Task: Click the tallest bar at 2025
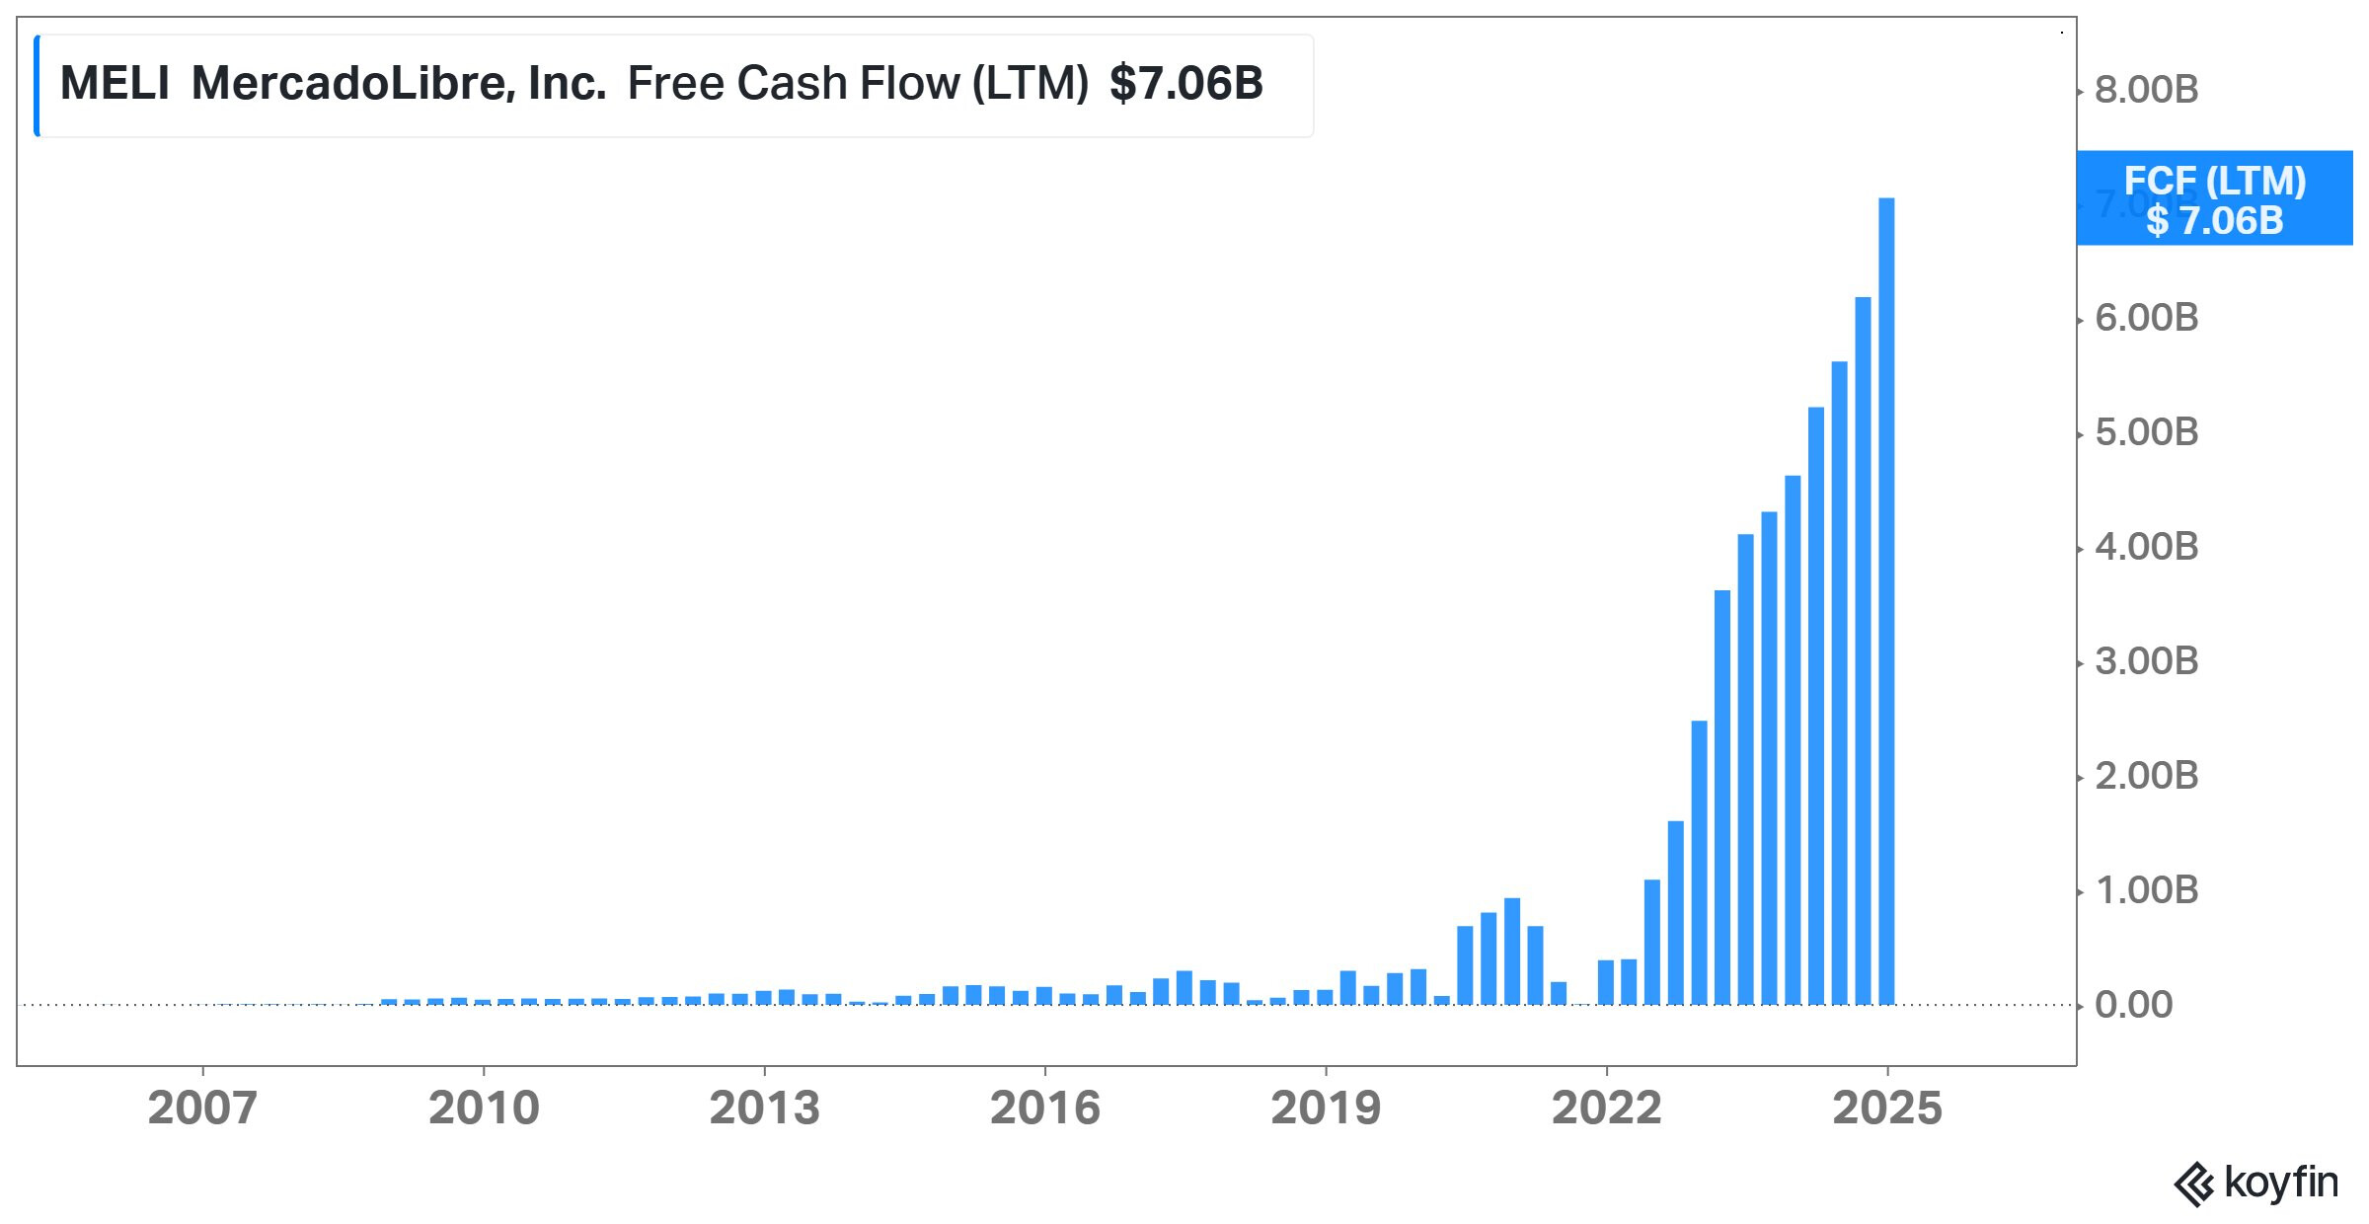[1886, 602]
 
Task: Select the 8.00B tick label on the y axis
[2146, 90]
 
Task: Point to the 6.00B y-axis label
[2146, 318]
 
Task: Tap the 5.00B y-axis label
[2146, 432]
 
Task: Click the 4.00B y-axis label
[2146, 547]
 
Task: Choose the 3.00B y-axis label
[2146, 661]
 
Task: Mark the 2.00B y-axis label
[2146, 776]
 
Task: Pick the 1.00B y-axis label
[2146, 890]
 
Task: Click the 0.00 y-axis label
[2133, 1005]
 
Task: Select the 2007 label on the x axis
[202, 1109]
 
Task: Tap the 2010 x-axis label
[484, 1109]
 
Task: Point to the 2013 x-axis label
[764, 1109]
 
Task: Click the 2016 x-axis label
[1044, 1109]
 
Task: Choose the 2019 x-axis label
[1326, 1109]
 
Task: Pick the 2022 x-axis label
[1606, 1109]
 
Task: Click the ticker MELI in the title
[115, 83]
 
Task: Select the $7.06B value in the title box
[1185, 83]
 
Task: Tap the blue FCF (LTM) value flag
[2214, 199]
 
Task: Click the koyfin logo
[2255, 1183]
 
